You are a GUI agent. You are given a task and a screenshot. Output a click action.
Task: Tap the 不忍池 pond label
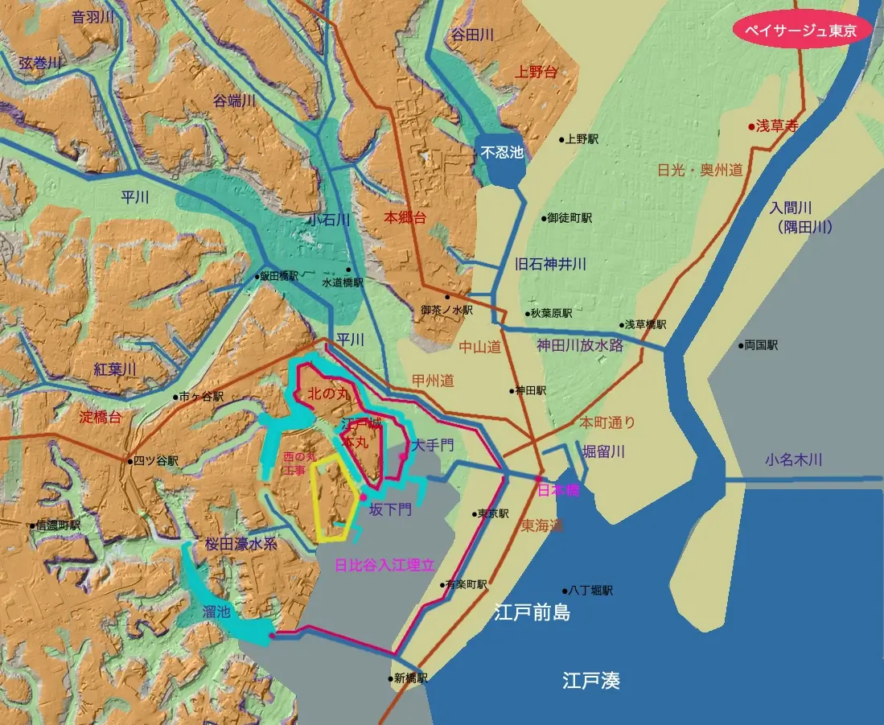(x=501, y=151)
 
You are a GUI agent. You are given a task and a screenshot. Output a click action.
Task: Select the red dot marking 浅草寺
(x=751, y=126)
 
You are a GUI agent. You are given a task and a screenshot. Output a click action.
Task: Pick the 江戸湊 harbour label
(x=591, y=682)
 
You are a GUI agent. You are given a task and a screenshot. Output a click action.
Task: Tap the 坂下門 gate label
(x=390, y=509)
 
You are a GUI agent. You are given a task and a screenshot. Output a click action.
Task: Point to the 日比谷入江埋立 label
(x=384, y=565)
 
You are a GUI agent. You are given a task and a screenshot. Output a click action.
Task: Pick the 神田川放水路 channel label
(x=580, y=346)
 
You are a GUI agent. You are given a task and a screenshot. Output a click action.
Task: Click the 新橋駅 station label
(x=410, y=678)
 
